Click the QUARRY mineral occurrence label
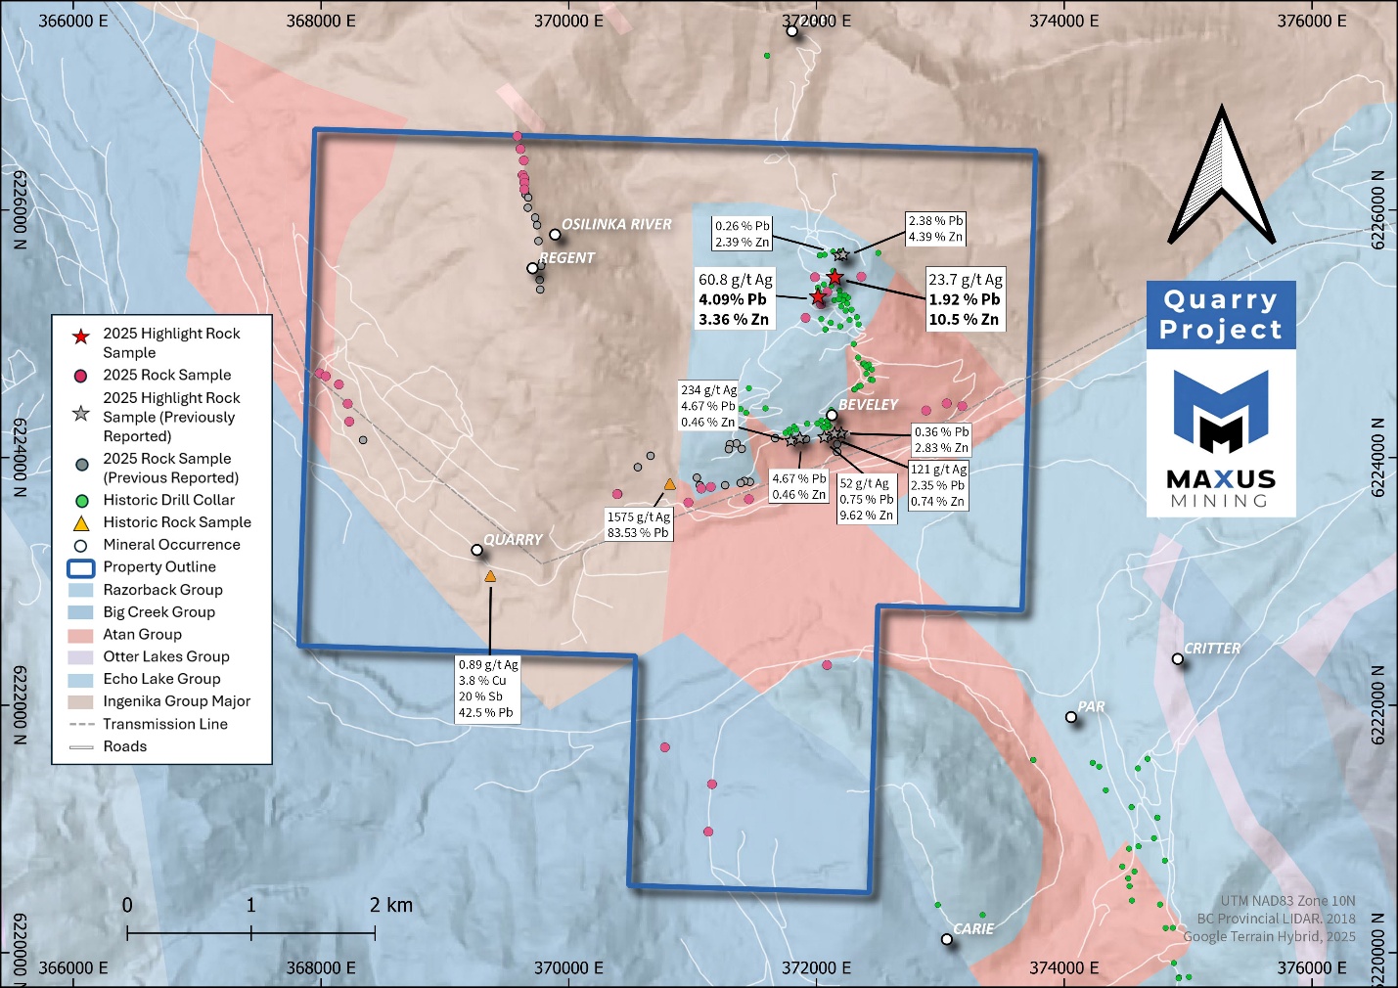click(513, 539)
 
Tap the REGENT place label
click(566, 258)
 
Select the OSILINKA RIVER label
click(616, 224)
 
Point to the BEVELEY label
click(868, 404)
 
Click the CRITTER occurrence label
click(1212, 649)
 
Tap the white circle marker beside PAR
click(1071, 717)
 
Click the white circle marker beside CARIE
click(947, 939)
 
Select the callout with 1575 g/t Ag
click(638, 524)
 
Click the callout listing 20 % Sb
click(488, 689)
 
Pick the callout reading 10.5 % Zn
click(965, 299)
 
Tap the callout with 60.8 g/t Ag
click(735, 299)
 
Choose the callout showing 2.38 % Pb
click(935, 229)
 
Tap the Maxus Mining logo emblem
click(1221, 411)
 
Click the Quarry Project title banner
click(1221, 315)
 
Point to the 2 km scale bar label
click(391, 905)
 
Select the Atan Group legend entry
click(143, 634)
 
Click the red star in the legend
click(82, 336)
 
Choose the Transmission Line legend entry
click(164, 724)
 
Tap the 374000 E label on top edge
click(1063, 21)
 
